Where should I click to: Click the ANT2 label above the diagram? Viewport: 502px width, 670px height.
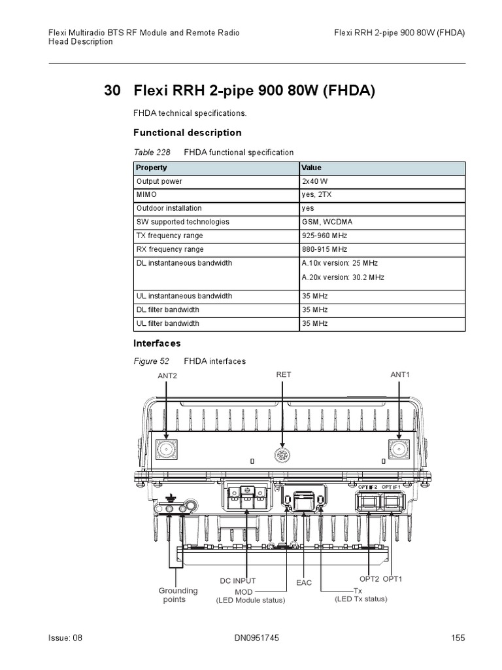click(167, 376)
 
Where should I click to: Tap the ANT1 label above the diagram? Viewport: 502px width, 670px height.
click(399, 374)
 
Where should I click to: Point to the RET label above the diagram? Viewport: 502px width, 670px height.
click(284, 374)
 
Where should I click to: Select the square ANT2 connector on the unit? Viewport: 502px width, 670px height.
click(167, 449)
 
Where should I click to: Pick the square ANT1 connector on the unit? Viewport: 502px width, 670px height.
click(399, 449)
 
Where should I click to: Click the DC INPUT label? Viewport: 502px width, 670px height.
click(237, 580)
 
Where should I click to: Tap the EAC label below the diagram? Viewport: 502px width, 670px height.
click(304, 582)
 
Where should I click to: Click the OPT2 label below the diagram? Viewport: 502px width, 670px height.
click(369, 579)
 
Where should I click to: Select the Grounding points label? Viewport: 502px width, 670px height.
click(178, 595)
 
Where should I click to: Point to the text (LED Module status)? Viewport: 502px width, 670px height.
click(250, 600)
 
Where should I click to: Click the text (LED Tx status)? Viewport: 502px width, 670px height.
click(361, 599)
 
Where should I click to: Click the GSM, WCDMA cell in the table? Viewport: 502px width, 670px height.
click(323, 222)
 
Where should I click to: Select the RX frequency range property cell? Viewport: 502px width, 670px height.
click(169, 249)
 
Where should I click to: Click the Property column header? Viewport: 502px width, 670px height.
click(152, 167)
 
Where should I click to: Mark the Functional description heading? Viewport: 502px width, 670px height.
click(188, 133)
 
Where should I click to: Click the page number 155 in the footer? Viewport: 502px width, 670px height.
click(458, 638)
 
